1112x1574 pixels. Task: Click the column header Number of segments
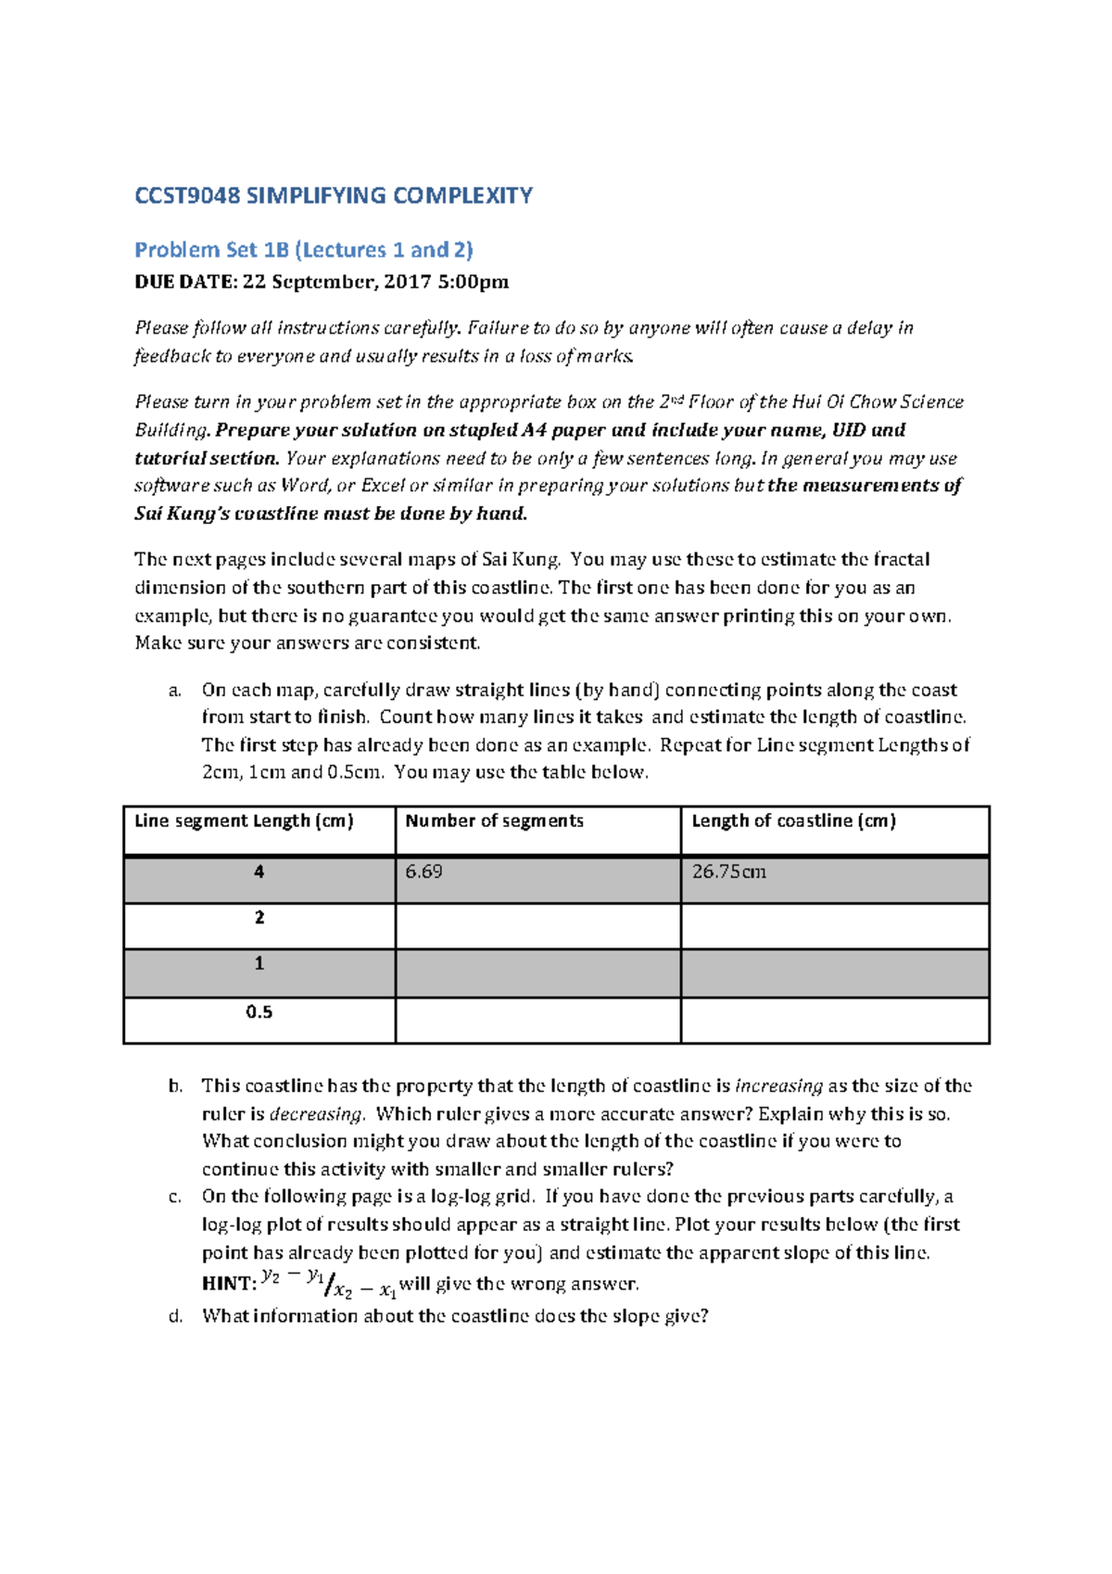coord(494,820)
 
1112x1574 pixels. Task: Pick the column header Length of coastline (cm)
coord(793,820)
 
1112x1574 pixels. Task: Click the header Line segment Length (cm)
coord(244,820)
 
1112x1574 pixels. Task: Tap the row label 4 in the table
coord(259,871)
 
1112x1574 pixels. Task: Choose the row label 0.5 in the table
coord(259,1012)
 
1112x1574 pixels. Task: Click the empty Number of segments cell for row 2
coord(537,925)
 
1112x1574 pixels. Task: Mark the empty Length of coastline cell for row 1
coord(834,972)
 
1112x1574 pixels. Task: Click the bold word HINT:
coord(229,1284)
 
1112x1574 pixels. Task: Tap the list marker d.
coord(174,1316)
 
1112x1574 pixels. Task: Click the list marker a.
coord(174,691)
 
